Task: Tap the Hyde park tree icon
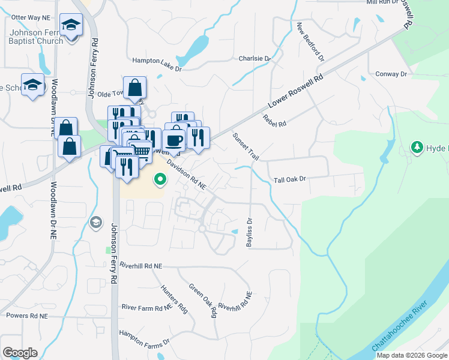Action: click(x=417, y=147)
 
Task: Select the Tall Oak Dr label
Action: click(x=290, y=179)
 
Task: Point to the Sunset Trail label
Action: click(x=246, y=146)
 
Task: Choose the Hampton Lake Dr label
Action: click(x=157, y=64)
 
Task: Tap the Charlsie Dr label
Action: click(x=255, y=59)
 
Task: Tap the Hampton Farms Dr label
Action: click(x=144, y=339)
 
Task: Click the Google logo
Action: click(x=20, y=353)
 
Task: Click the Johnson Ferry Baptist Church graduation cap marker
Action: click(x=72, y=26)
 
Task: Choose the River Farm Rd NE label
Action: click(x=147, y=307)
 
